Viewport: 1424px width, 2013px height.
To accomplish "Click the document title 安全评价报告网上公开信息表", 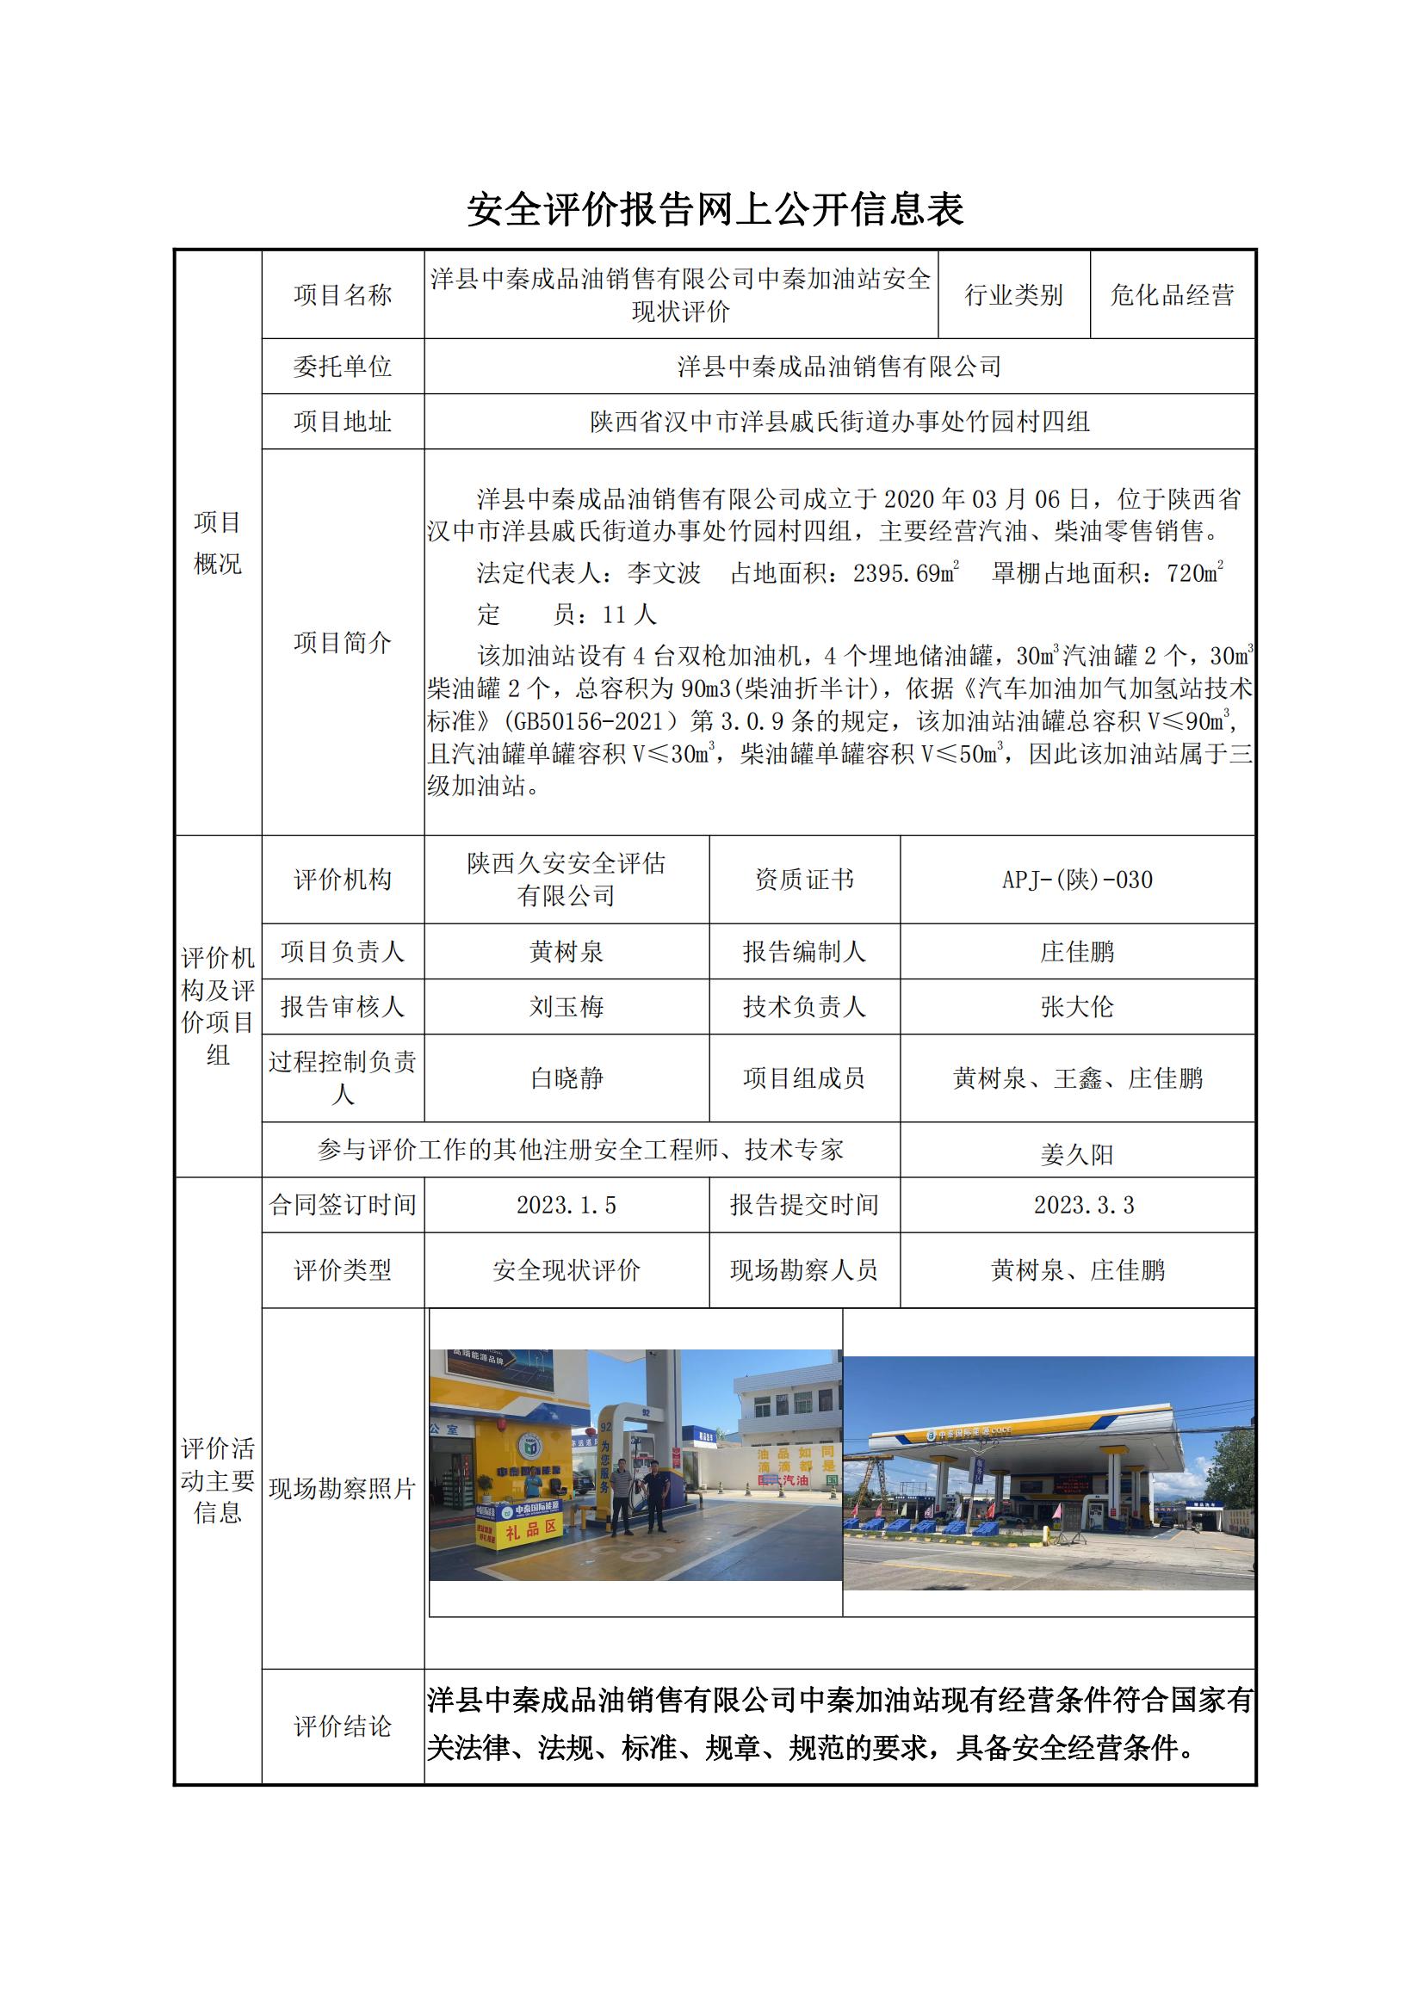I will click(715, 209).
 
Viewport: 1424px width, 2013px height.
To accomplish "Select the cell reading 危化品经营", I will click(1172, 294).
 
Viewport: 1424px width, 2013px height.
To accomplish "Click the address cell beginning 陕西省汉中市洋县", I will click(839, 422).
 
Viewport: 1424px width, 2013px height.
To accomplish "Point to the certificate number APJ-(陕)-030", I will click(1077, 880).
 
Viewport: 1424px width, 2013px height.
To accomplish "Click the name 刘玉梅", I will click(567, 1007).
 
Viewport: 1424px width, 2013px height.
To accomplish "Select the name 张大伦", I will click(1077, 1007).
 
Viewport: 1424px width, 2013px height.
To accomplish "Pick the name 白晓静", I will click(567, 1078).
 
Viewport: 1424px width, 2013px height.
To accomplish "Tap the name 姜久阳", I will click(1077, 1155).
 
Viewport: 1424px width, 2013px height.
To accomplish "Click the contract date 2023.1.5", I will click(567, 1205).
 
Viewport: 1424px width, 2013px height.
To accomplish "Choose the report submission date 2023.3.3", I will click(1084, 1205).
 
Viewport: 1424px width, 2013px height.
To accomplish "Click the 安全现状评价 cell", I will click(567, 1269).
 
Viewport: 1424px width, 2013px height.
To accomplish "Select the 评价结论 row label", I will click(342, 1726).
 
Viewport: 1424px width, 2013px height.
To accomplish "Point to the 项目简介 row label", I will click(342, 643).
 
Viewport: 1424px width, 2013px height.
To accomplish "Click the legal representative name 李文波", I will click(664, 573).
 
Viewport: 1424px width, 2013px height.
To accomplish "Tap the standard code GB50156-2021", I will click(588, 721).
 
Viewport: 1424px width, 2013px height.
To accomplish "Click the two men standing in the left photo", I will click(638, 1496).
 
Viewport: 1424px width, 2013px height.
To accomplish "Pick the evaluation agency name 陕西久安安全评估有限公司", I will click(567, 880).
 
